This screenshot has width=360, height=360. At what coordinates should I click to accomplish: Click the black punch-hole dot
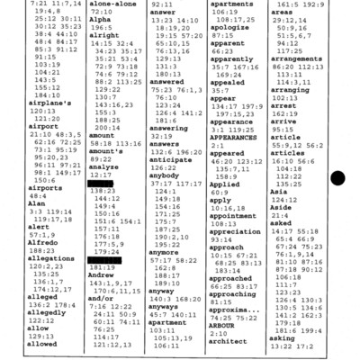point(337,182)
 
